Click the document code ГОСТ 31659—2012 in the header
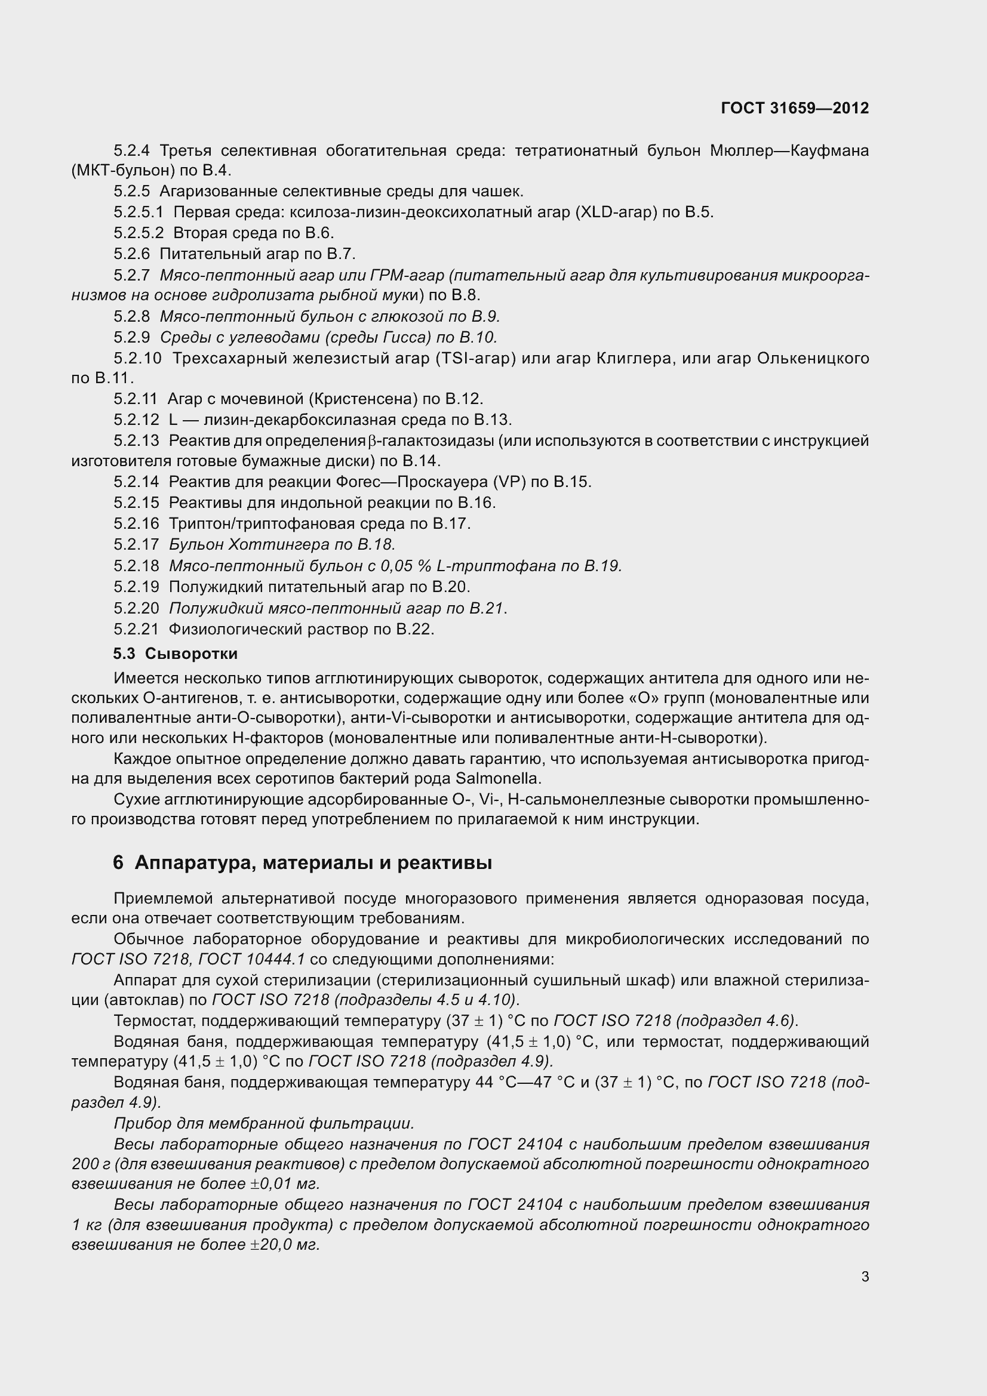795,108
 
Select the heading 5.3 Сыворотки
175,654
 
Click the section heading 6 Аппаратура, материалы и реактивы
302,862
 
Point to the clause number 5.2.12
136,420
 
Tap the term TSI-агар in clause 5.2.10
476,358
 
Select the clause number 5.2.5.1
139,212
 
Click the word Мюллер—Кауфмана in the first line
789,150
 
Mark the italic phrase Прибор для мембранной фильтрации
263,1123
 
